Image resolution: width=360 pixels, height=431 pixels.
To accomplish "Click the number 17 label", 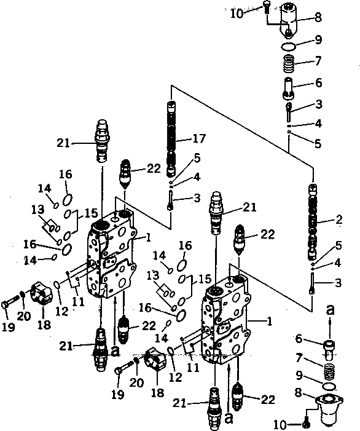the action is coord(199,138).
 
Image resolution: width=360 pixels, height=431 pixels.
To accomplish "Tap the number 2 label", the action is coord(339,219).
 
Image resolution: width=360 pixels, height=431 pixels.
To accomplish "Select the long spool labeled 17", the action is coord(171,139).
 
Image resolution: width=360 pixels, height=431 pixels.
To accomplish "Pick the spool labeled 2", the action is coord(313,222).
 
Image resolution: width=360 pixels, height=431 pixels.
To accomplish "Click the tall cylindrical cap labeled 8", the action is coord(289,19).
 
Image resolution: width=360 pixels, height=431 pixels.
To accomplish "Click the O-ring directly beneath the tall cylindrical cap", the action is coord(288,47).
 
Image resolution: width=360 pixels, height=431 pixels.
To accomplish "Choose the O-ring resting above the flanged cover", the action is coord(329,386).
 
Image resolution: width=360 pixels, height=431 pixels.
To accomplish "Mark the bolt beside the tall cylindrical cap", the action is coord(267,7).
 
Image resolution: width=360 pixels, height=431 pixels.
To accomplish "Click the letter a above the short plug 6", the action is coord(330,310).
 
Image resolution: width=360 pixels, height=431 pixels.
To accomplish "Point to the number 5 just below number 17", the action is coord(197,157).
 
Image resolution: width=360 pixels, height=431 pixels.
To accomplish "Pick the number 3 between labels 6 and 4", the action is coord(318,104).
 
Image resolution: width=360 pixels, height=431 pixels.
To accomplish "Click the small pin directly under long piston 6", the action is coord(289,112).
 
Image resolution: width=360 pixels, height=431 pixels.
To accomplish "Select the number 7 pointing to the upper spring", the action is coord(318,61).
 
